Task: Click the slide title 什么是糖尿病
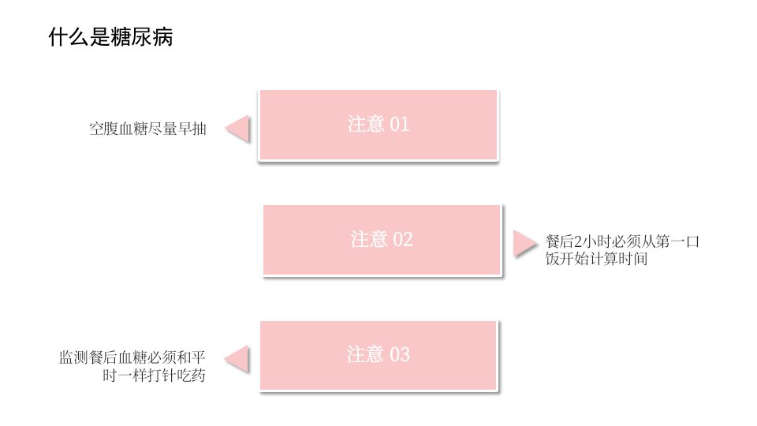[110, 37]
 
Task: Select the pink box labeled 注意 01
[378, 125]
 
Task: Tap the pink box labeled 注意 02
[382, 240]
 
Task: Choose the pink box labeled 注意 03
[378, 356]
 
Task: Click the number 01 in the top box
[399, 125]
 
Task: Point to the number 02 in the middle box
[403, 240]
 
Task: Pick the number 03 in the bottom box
[399, 355]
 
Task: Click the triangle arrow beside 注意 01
[237, 129]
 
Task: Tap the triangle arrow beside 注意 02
[525, 244]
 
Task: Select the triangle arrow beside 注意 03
[237, 359]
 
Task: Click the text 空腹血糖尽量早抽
[147, 129]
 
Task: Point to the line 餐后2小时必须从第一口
[622, 241]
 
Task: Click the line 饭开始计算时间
[597, 259]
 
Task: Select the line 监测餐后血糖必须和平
[132, 357]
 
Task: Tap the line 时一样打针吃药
[154, 376]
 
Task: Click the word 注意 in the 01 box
[365, 125]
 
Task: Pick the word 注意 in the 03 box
[365, 355]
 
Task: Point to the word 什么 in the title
[69, 37]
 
